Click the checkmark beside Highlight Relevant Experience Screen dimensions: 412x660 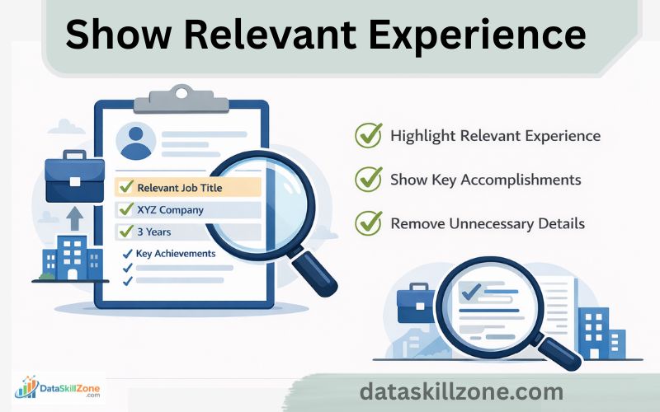click(368, 135)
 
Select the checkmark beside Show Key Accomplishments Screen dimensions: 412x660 click(368, 179)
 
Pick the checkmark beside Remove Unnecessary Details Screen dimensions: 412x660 click(368, 222)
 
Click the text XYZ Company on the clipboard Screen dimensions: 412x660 click(170, 209)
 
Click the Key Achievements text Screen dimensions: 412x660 click(175, 254)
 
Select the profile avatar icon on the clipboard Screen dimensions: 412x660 click(136, 141)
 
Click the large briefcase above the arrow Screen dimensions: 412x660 click(74, 177)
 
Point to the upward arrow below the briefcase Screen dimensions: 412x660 click(74, 219)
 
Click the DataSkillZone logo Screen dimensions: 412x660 click(58, 387)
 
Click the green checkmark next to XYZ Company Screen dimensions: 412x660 click(126, 209)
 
